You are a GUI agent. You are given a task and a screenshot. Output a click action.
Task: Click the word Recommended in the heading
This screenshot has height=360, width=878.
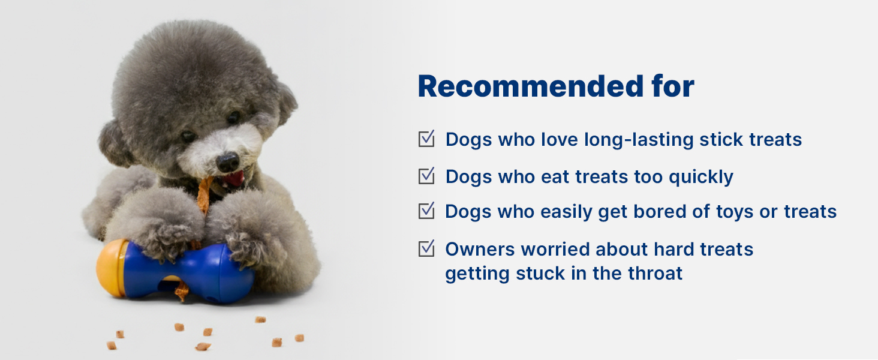click(x=531, y=86)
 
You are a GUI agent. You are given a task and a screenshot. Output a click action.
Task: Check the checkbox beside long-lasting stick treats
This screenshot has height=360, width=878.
click(x=426, y=139)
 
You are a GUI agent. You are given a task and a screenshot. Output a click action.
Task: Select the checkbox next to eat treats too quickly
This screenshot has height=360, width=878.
click(x=426, y=176)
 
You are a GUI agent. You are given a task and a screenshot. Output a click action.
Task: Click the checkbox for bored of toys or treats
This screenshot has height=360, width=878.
click(x=426, y=211)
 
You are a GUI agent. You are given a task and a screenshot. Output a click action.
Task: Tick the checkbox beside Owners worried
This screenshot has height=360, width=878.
click(x=426, y=248)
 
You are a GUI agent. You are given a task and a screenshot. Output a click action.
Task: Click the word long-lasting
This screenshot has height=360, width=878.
click(x=639, y=140)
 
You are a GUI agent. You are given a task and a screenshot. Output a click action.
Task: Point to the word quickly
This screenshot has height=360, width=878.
click(x=701, y=177)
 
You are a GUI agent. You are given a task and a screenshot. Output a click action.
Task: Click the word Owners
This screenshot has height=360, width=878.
click(x=480, y=250)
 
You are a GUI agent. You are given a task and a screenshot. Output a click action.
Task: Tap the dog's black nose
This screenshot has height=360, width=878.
click(x=228, y=162)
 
